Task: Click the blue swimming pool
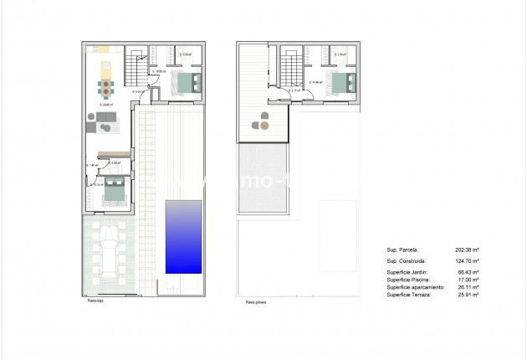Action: pos(183,236)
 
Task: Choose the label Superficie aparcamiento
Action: pos(414,288)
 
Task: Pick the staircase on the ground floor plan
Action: pos(135,62)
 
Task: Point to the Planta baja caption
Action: pos(94,302)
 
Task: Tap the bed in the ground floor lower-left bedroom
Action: pos(112,192)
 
